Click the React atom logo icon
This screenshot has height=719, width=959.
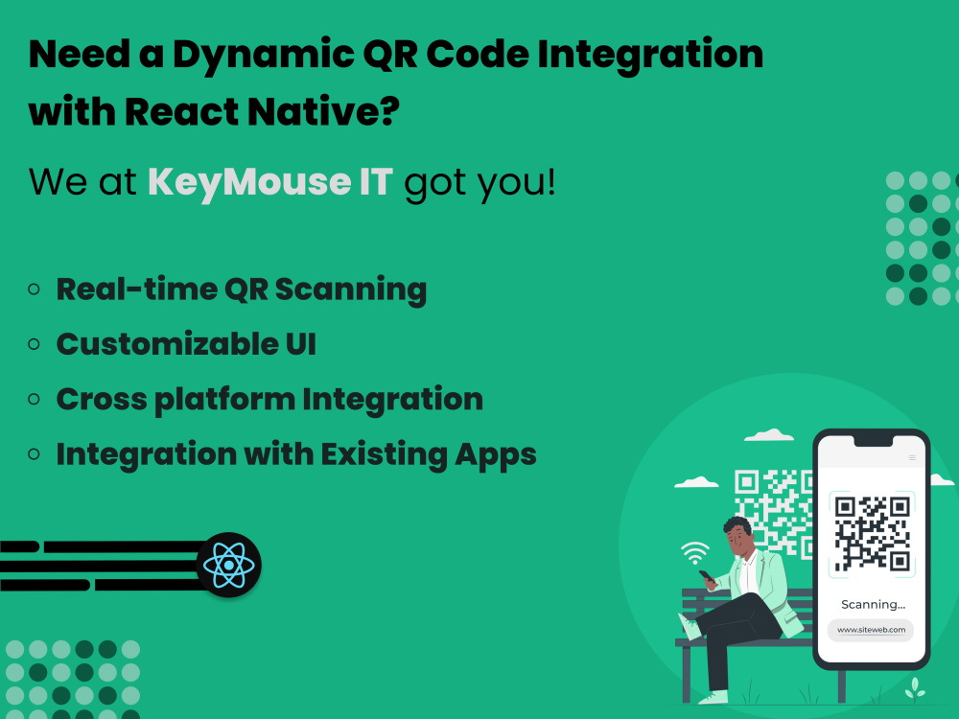tap(229, 566)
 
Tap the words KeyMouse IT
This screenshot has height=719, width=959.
tap(269, 181)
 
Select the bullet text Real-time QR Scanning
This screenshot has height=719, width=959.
tap(241, 289)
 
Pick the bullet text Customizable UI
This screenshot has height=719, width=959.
tap(186, 343)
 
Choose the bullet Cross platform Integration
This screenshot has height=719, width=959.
tap(269, 399)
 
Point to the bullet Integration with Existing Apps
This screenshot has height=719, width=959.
tap(295, 453)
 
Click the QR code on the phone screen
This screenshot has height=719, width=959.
tap(872, 534)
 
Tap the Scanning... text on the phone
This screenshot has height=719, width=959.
tap(873, 604)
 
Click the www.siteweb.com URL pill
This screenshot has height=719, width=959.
tap(871, 630)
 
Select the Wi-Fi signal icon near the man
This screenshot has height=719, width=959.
tap(694, 552)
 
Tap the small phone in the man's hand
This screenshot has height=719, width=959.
tap(707, 577)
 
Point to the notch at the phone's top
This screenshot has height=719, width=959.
tap(872, 442)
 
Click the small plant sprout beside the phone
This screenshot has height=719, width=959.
tap(917, 686)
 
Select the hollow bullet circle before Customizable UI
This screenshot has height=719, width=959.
tap(35, 343)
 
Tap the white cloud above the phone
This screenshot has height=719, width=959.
tap(769, 435)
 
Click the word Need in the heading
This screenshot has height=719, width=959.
tap(76, 56)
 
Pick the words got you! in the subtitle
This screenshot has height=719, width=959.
tap(479, 181)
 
